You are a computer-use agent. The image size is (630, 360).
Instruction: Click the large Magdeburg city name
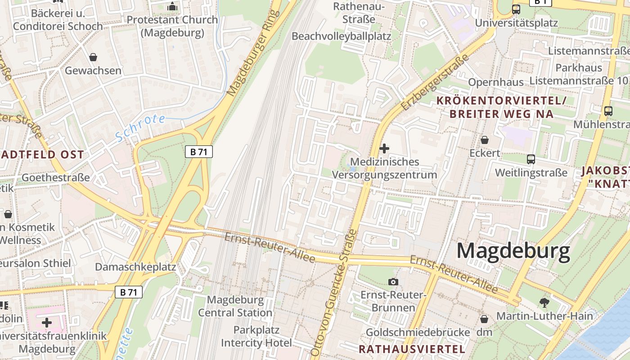tap(513, 251)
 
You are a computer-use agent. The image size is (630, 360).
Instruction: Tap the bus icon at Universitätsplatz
tap(516, 9)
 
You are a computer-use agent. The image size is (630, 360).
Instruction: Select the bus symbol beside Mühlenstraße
tap(608, 111)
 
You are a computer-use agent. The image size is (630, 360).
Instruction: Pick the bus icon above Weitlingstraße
tap(531, 159)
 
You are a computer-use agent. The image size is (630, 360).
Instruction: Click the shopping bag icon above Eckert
tap(485, 140)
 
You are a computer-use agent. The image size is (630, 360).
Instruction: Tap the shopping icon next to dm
tap(484, 319)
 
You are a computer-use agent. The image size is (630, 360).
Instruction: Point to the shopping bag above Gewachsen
tap(93, 57)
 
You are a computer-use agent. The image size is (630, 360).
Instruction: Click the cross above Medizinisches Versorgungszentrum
tap(384, 148)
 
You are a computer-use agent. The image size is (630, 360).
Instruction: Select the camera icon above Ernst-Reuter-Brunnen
tap(393, 282)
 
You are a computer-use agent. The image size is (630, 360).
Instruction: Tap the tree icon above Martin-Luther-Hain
tap(544, 302)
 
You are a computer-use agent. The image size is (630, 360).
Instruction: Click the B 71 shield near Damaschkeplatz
tap(129, 292)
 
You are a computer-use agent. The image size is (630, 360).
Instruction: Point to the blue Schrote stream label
tap(140, 128)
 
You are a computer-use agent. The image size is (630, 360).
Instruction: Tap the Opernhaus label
tap(496, 82)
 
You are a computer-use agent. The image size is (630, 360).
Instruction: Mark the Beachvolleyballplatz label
tap(341, 36)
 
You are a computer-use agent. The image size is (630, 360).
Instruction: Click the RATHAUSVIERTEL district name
tap(412, 349)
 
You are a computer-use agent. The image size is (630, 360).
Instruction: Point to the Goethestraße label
tap(56, 177)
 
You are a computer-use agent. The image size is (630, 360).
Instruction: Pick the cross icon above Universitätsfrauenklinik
tap(47, 322)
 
